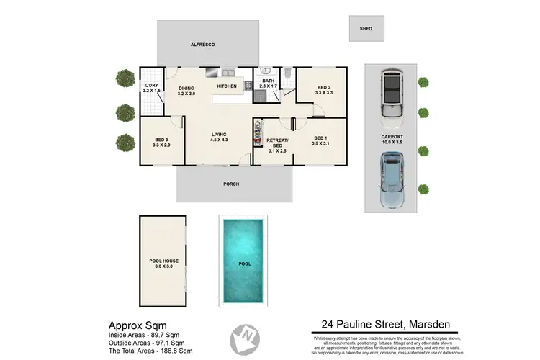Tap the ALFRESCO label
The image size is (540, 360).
[x=203, y=45]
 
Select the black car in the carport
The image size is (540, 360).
[x=391, y=91]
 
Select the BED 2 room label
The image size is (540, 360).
[x=324, y=90]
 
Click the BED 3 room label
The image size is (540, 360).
[x=161, y=143]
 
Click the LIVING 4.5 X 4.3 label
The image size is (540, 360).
[x=220, y=137]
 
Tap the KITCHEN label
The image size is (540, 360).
[x=228, y=86]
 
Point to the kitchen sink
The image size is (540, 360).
[x=228, y=72]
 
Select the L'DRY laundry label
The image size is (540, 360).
[x=151, y=89]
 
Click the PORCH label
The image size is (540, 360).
[x=231, y=184]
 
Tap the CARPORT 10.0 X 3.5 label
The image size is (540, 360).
[x=392, y=139]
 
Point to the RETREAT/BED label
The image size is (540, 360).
[x=277, y=143]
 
